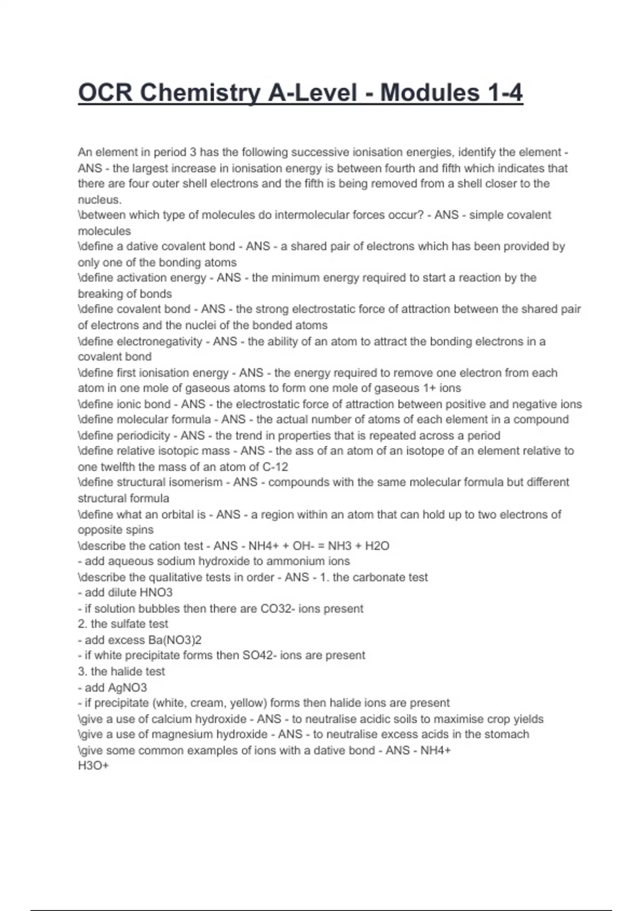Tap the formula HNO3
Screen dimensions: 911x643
[x=156, y=593]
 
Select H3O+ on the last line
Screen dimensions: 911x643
[x=93, y=766]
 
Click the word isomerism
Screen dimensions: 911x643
[x=195, y=482]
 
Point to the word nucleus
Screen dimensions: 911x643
[x=99, y=200]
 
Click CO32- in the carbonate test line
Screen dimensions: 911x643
[x=278, y=609]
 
